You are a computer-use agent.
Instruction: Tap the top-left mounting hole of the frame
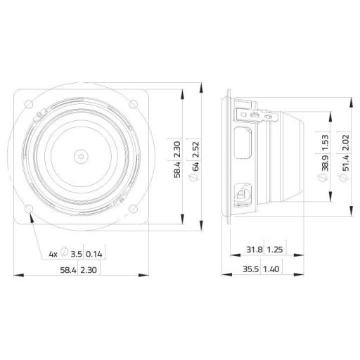pyautogui.click(x=29, y=103)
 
